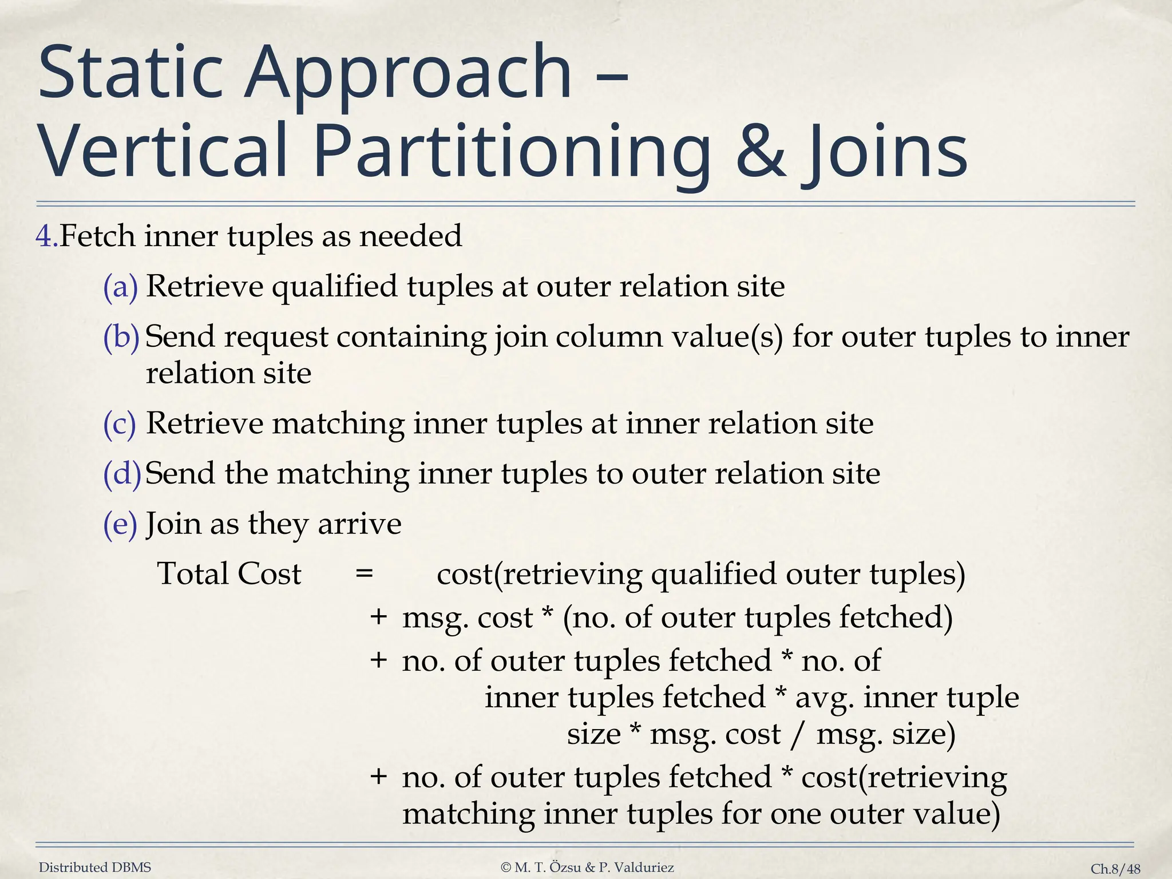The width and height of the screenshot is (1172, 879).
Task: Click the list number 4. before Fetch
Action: tap(47, 236)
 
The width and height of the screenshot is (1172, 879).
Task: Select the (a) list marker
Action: tap(121, 287)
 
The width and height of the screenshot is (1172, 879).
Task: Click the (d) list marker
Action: tap(122, 474)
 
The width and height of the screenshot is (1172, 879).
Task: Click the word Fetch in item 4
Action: tap(97, 236)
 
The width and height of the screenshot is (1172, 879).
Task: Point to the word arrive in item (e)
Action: tap(359, 524)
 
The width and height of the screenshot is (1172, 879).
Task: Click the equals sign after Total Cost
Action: tap(365, 573)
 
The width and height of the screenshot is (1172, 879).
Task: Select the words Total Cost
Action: tap(229, 573)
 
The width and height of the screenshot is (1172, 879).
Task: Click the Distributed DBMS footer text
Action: tap(95, 868)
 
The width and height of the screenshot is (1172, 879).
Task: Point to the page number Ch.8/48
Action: tap(1115, 869)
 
